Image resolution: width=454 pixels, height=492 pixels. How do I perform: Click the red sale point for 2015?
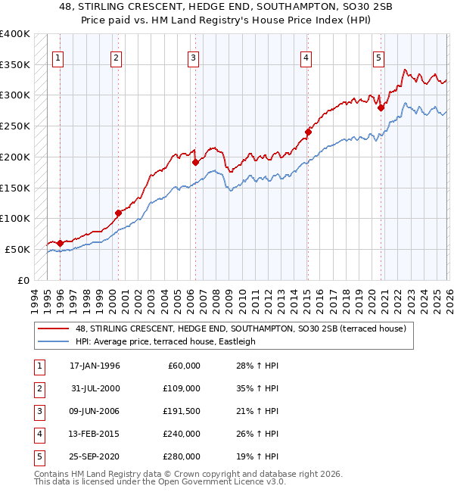[308, 132]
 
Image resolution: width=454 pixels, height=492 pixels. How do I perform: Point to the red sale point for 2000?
[118, 213]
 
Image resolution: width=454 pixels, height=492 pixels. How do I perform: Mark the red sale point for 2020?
[381, 107]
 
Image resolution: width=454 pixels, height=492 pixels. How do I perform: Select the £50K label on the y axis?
[17, 249]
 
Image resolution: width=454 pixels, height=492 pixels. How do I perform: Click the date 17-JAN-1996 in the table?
[95, 366]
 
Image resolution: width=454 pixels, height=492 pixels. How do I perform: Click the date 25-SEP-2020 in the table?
[95, 456]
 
